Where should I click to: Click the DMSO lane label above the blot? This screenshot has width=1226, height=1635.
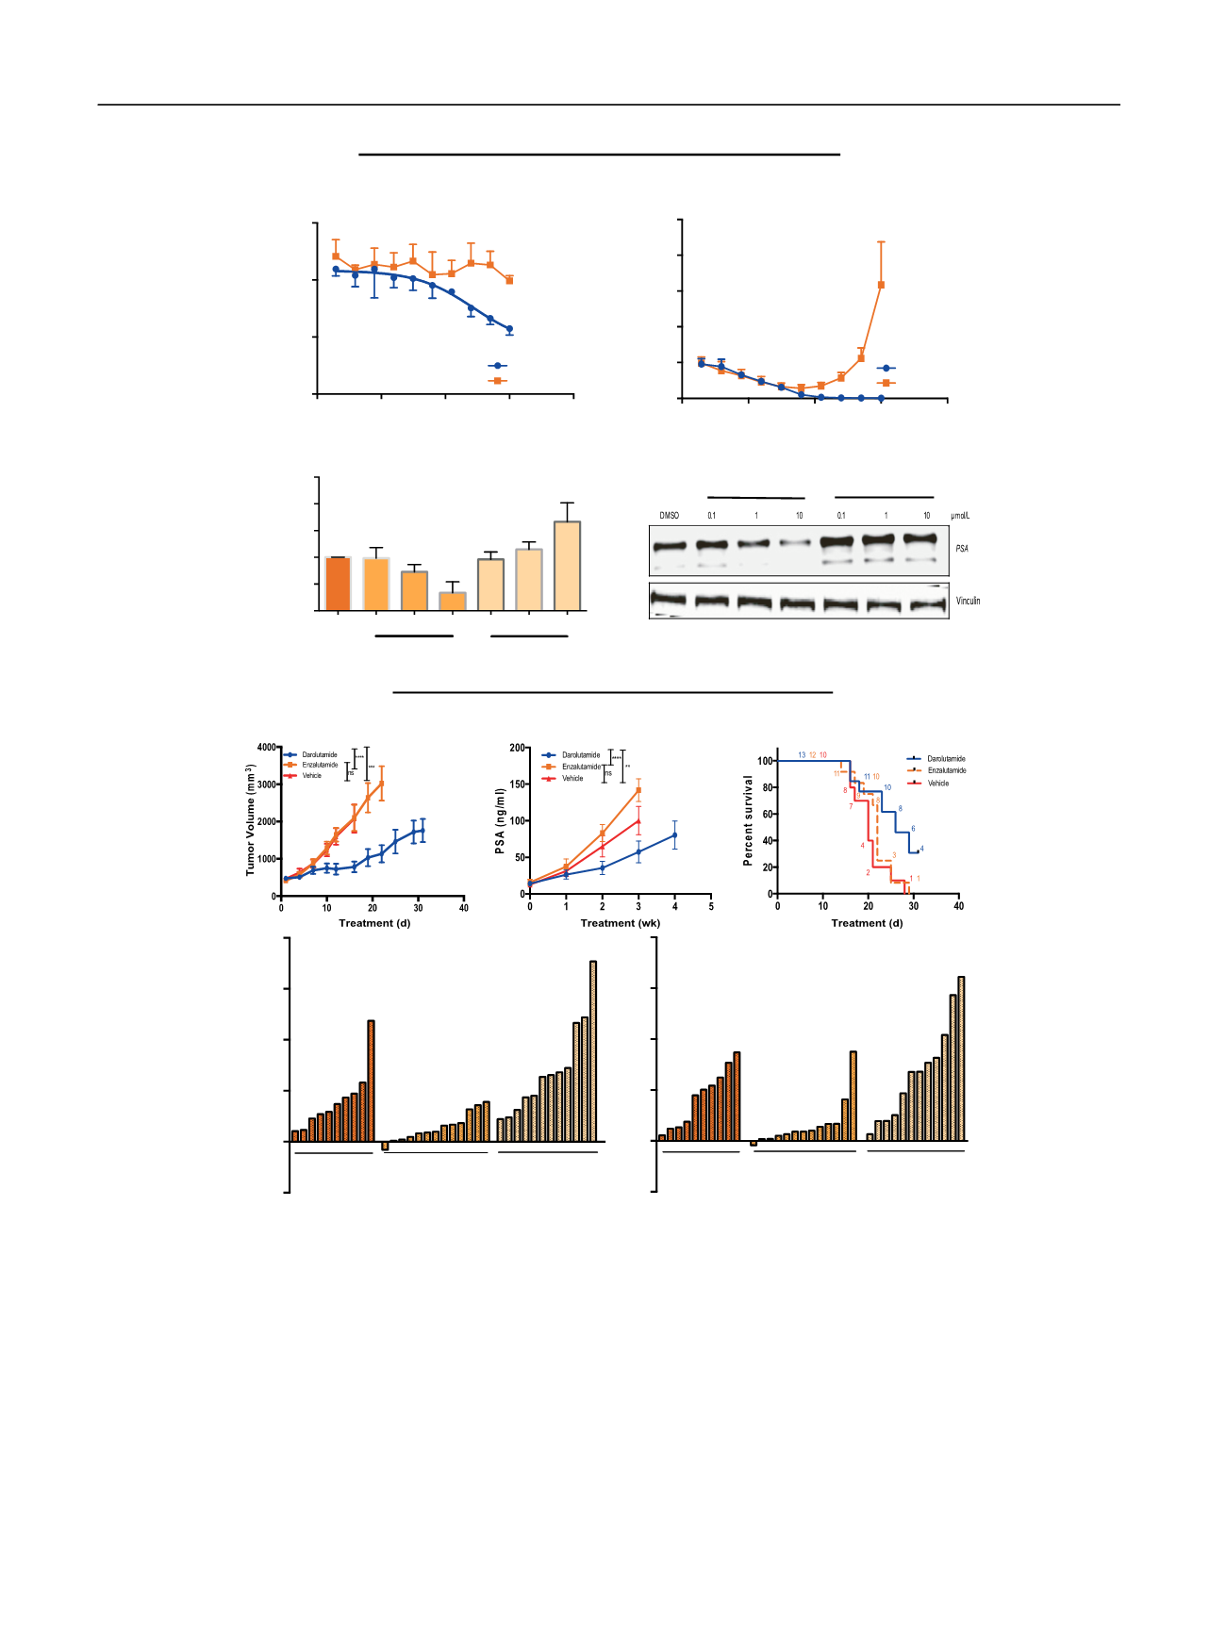point(669,516)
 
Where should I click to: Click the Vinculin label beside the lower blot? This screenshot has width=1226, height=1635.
point(968,601)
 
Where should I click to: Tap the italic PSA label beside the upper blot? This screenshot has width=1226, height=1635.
point(962,549)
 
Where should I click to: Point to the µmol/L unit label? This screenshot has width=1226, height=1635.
point(960,516)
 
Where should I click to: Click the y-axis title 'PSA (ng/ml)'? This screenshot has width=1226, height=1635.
point(500,822)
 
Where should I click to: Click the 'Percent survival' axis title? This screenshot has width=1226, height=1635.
point(748,820)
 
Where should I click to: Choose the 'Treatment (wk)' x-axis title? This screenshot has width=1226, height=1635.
point(620,923)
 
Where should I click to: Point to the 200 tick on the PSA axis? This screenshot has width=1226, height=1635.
point(518,749)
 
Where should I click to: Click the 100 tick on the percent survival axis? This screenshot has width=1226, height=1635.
point(765,761)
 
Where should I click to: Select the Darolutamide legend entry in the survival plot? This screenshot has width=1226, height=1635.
point(946,759)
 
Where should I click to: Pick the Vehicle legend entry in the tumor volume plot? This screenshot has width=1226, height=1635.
point(311,776)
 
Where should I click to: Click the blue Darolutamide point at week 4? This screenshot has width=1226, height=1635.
point(675,834)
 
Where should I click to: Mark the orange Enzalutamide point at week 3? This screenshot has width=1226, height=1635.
point(638,790)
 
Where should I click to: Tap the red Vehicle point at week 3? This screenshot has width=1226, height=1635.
point(638,821)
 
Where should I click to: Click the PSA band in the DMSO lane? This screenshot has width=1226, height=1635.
point(669,546)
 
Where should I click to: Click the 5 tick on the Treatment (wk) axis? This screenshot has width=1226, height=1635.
point(711,907)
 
